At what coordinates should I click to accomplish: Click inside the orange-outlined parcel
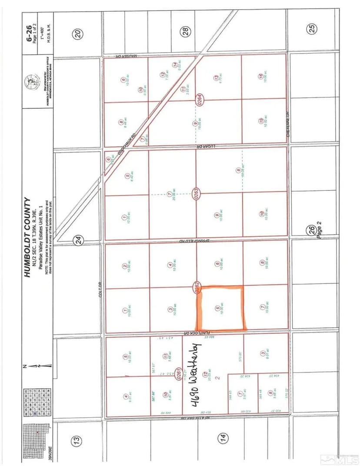click(221, 308)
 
